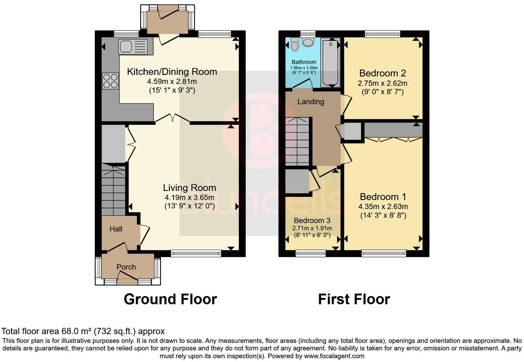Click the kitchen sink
(132, 47)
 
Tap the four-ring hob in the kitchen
(110, 81)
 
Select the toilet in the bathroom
(295, 44)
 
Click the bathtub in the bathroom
(330, 62)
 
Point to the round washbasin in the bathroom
(308, 42)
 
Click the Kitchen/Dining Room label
(172, 72)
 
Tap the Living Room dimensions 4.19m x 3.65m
(189, 198)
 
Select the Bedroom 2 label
(382, 73)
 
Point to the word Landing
(311, 102)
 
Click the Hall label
(116, 229)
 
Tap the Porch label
(126, 267)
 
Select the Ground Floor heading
(170, 299)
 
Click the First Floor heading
(354, 299)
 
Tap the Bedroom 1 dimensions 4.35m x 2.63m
(383, 207)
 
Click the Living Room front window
(196, 254)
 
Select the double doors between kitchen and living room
(172, 118)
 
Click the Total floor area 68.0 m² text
(83, 331)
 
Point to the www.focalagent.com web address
(334, 356)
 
